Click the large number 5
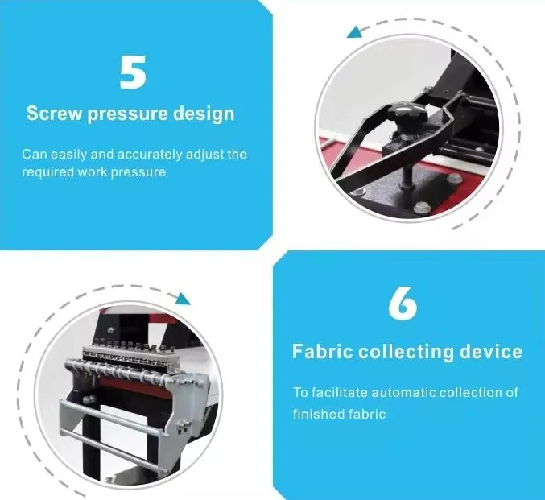point(133,72)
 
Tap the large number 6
point(403,304)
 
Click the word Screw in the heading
point(53,113)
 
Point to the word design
point(204,114)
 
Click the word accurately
point(150,154)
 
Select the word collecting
point(407,352)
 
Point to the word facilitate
point(339,393)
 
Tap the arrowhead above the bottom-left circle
point(183,299)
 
